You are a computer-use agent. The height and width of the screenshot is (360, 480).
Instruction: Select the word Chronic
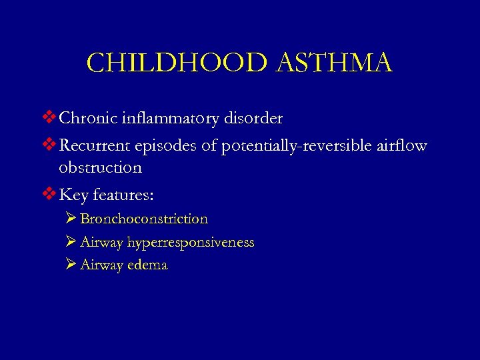(x=87, y=119)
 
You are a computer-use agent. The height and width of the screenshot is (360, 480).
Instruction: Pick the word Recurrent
(x=93, y=146)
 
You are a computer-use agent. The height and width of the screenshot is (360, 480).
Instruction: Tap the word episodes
(x=163, y=146)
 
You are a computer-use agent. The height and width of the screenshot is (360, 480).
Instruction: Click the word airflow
(x=403, y=146)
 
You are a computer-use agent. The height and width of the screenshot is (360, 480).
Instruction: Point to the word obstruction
(x=101, y=167)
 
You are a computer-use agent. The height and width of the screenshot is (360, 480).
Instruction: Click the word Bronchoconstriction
(x=144, y=219)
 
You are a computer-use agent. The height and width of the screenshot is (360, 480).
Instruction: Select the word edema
(x=147, y=265)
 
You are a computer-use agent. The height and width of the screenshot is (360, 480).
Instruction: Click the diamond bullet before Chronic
(x=50, y=119)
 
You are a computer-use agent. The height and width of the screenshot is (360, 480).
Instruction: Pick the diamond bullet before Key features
(x=50, y=195)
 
